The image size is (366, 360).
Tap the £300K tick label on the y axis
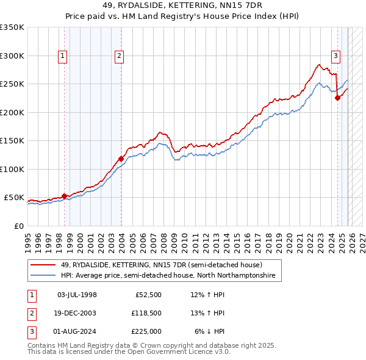12,56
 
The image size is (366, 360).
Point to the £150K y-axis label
12,140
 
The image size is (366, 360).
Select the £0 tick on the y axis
18,226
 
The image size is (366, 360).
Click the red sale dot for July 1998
64,196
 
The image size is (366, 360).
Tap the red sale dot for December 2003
121,159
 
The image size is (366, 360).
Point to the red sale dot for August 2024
337,98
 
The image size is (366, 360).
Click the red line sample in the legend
44,265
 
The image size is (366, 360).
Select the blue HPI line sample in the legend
44,276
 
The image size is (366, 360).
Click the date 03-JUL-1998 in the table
77,295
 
